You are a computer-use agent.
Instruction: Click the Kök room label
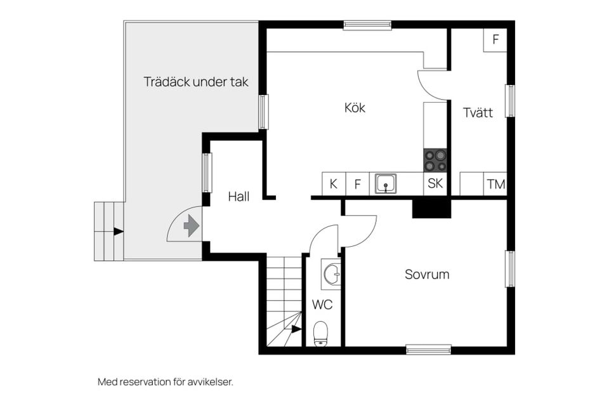pyautogui.click(x=355, y=108)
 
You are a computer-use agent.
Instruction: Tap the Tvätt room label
pyautogui.click(x=477, y=113)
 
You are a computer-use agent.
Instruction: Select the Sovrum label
pyautogui.click(x=427, y=275)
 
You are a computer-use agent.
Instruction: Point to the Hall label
pyautogui.click(x=239, y=197)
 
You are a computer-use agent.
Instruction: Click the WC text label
pyautogui.click(x=322, y=305)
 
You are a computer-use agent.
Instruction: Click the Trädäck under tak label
pyautogui.click(x=195, y=82)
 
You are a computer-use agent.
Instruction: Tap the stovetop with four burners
pyautogui.click(x=435, y=160)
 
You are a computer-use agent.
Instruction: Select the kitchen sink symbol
pyautogui.click(x=385, y=184)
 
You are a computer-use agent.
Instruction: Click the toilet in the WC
pyautogui.click(x=321, y=334)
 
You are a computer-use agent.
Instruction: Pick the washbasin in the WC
pyautogui.click(x=331, y=274)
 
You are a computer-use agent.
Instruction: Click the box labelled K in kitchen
pyautogui.click(x=333, y=185)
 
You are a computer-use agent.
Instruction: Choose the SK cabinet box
pyautogui.click(x=435, y=184)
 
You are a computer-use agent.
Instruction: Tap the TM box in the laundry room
pyautogui.click(x=495, y=185)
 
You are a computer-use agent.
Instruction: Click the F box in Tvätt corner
pyautogui.click(x=495, y=39)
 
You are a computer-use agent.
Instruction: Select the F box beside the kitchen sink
pyautogui.click(x=357, y=185)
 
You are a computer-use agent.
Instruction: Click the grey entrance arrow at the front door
pyautogui.click(x=191, y=226)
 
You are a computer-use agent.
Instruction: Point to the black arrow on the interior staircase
pyautogui.click(x=296, y=329)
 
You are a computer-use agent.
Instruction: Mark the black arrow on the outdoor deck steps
pyautogui.click(x=118, y=232)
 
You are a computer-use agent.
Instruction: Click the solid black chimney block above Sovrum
pyautogui.click(x=431, y=208)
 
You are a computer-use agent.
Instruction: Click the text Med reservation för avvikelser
pyautogui.click(x=166, y=382)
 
